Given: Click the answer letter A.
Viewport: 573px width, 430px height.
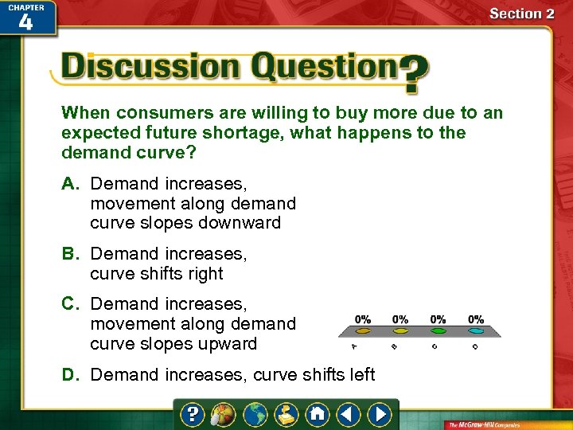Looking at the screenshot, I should point(70,184).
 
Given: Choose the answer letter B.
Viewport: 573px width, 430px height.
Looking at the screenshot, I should point(70,254).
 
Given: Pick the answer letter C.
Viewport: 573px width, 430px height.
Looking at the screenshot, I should point(70,304).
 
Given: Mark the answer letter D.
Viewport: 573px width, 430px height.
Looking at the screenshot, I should point(70,374).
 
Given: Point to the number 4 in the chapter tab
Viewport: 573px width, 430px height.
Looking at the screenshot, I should point(25,21).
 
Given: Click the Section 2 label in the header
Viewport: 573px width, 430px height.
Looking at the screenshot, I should point(521,14).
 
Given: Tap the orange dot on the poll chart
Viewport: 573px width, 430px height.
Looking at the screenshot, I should point(363,330).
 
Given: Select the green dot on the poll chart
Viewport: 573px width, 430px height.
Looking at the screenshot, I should point(400,330).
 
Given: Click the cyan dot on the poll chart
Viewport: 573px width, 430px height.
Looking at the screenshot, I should point(475,330).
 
